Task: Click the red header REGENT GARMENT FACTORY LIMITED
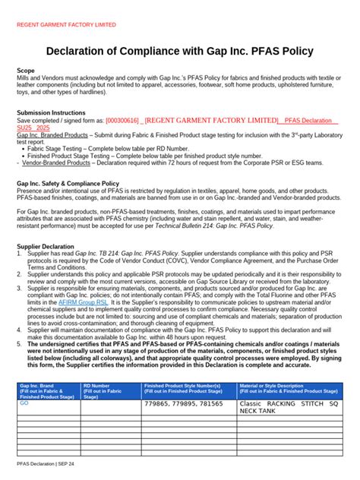[x=66, y=24]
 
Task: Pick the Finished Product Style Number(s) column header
[x=188, y=390]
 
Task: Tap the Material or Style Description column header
[x=289, y=390]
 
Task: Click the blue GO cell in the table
[x=24, y=404]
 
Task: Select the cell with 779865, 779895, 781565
[x=183, y=405]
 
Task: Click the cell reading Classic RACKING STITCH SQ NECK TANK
[x=289, y=408]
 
